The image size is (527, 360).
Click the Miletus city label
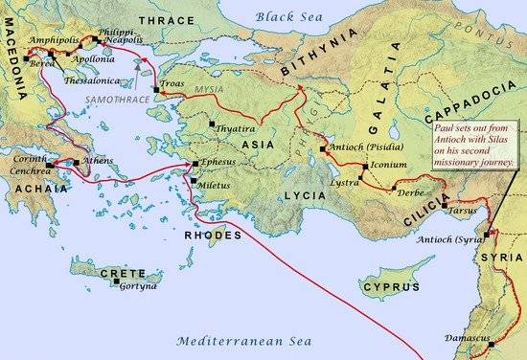click(x=218, y=182)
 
